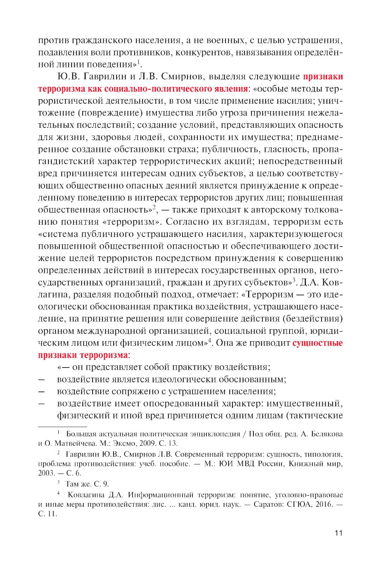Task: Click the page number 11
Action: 338,533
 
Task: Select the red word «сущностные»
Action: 317,343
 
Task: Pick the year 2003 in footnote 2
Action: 46,473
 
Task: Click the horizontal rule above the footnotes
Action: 62,426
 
